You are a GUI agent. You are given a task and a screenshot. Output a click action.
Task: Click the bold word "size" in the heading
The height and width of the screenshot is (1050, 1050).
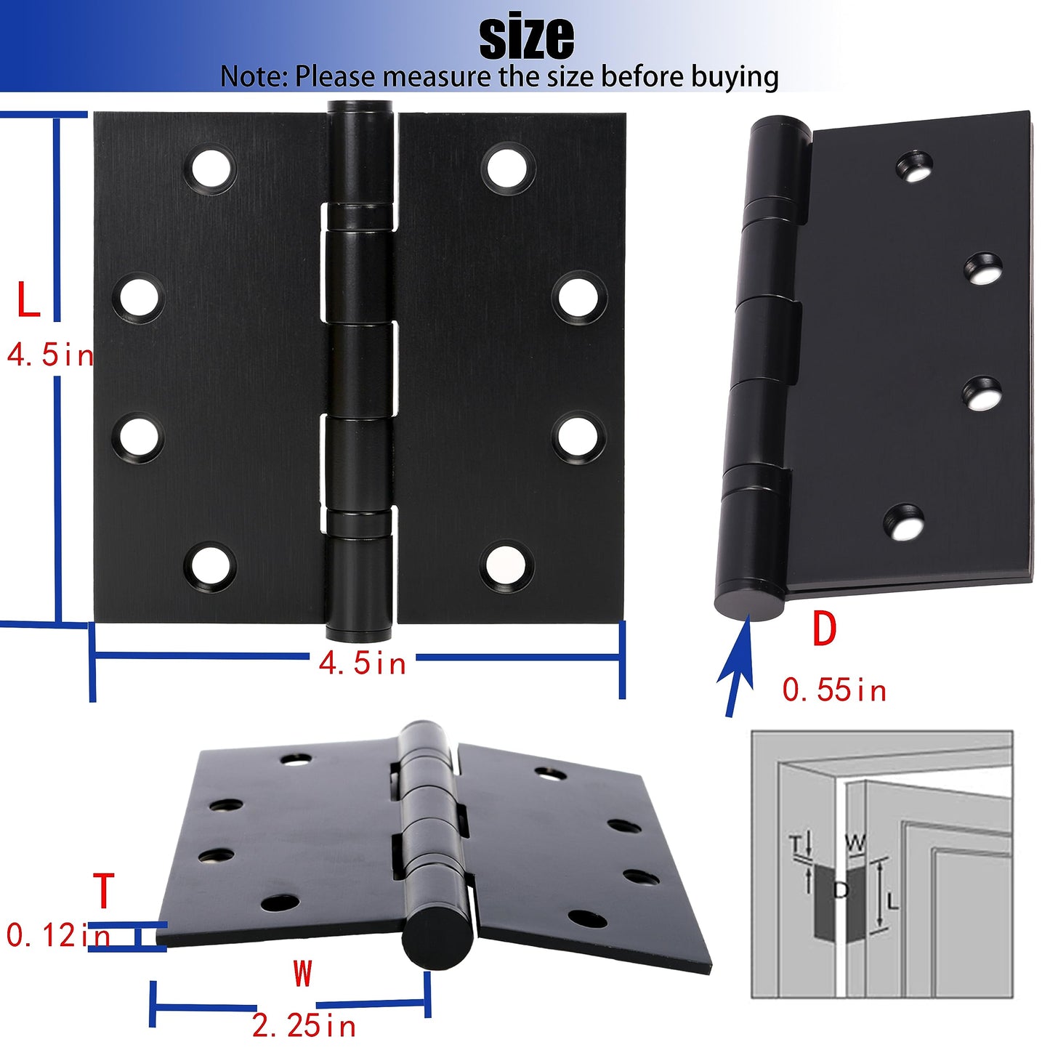pyautogui.click(x=526, y=38)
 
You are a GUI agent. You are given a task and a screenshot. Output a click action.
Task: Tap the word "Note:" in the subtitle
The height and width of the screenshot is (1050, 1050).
pyautogui.click(x=254, y=76)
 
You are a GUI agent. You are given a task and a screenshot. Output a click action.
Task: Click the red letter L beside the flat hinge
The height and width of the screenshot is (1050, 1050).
pyautogui.click(x=28, y=299)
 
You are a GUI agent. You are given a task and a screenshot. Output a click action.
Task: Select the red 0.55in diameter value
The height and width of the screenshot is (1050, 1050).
pyautogui.click(x=834, y=690)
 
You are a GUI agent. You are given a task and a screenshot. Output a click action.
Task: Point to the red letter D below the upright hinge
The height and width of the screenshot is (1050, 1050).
pyautogui.click(x=824, y=629)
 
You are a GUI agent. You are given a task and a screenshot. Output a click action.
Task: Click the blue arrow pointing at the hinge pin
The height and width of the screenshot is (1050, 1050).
pyautogui.click(x=738, y=666)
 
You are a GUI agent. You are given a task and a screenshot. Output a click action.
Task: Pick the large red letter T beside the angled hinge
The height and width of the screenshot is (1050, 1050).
pyautogui.click(x=103, y=890)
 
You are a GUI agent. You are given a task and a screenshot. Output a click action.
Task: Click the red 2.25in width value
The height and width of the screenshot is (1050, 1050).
pyautogui.click(x=304, y=1027)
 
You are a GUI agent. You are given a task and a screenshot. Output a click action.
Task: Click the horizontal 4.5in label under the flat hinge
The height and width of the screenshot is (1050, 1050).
pyautogui.click(x=363, y=663)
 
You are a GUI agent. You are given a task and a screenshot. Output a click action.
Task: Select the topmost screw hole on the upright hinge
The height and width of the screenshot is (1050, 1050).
pyautogui.click(x=914, y=165)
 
